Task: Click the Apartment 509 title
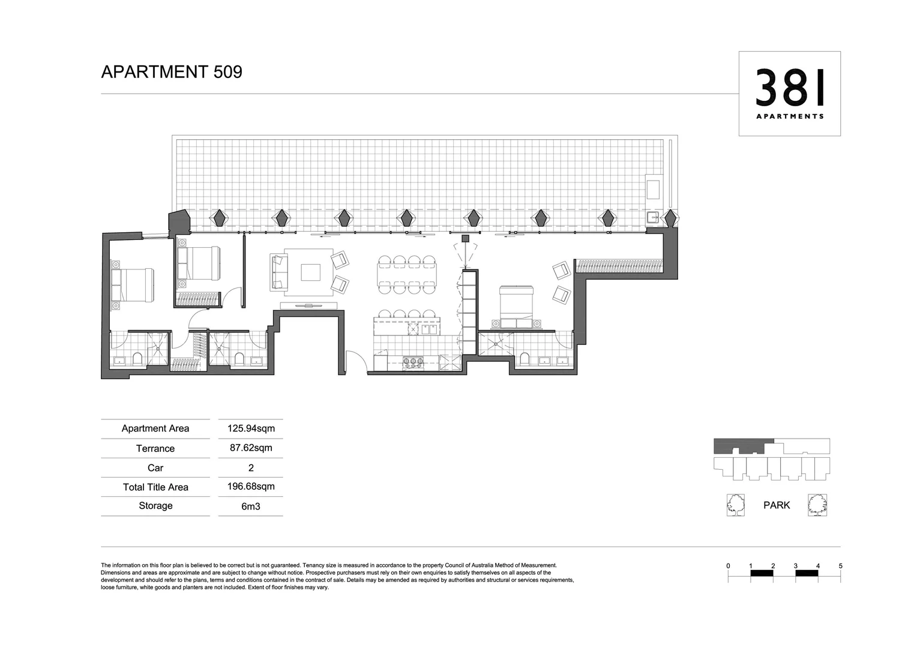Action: tap(172, 72)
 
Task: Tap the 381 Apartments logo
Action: tap(789, 93)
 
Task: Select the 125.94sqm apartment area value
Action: tap(251, 428)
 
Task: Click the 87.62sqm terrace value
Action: tap(251, 448)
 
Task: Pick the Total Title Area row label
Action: tap(155, 487)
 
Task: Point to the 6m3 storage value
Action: tap(251, 506)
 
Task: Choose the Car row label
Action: tap(155, 468)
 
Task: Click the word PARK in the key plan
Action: tap(777, 505)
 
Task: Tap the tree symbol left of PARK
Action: tap(735, 505)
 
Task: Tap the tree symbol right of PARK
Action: tap(817, 505)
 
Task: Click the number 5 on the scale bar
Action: tap(840, 566)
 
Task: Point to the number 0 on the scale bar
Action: tap(728, 566)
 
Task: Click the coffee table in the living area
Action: tap(310, 272)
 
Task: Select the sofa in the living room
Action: tap(279, 272)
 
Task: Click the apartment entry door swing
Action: tap(356, 364)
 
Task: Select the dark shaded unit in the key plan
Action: tap(744, 446)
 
